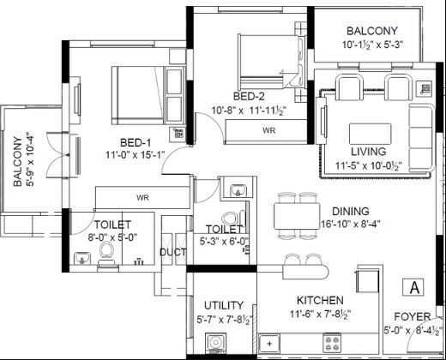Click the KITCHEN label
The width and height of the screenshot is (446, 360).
(321, 301)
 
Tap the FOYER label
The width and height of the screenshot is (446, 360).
(413, 316)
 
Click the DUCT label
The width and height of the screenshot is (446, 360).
(172, 254)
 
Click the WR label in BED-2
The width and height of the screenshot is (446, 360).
(268, 130)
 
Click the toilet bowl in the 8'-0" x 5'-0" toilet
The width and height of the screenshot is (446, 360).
(107, 250)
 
